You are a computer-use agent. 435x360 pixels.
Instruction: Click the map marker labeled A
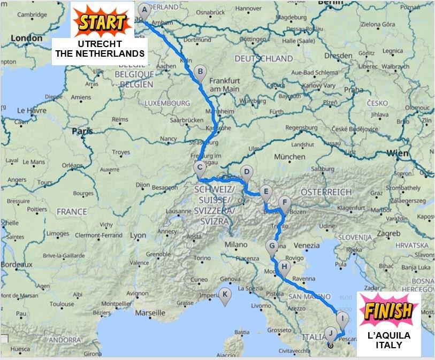pos(143,11)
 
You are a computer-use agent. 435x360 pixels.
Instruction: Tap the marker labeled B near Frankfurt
pos(200,72)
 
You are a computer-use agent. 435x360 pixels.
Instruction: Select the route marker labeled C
pos(200,167)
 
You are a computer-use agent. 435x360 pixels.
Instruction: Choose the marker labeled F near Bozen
pos(285,203)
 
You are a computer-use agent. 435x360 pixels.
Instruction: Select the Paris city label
pos(82,131)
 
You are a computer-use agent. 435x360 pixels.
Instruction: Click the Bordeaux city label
pos(17,265)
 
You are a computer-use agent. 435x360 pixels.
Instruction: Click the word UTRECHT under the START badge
pos(100,43)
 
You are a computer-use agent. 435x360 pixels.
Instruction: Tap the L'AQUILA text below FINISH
pos(389,335)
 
